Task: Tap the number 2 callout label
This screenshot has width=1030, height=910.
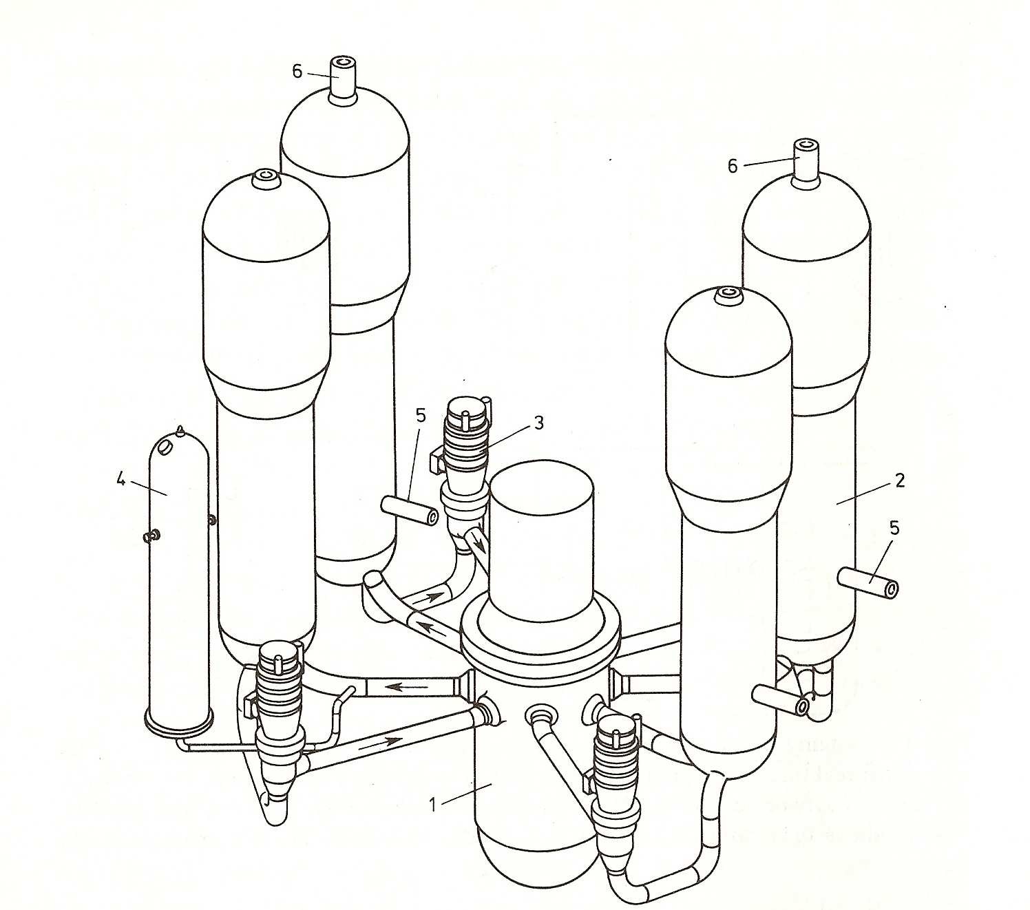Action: pos(900,480)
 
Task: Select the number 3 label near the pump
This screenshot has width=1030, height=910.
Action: pos(538,422)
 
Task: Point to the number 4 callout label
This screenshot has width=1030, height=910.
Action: pos(121,478)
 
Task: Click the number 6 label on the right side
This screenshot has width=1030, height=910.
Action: pos(733,166)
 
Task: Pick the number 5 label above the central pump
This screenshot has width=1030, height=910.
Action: pos(421,415)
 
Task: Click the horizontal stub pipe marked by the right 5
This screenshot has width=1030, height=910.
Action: pos(868,582)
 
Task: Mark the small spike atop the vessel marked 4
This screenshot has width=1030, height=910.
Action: pos(178,430)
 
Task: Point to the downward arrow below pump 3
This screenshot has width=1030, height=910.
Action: pos(477,545)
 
